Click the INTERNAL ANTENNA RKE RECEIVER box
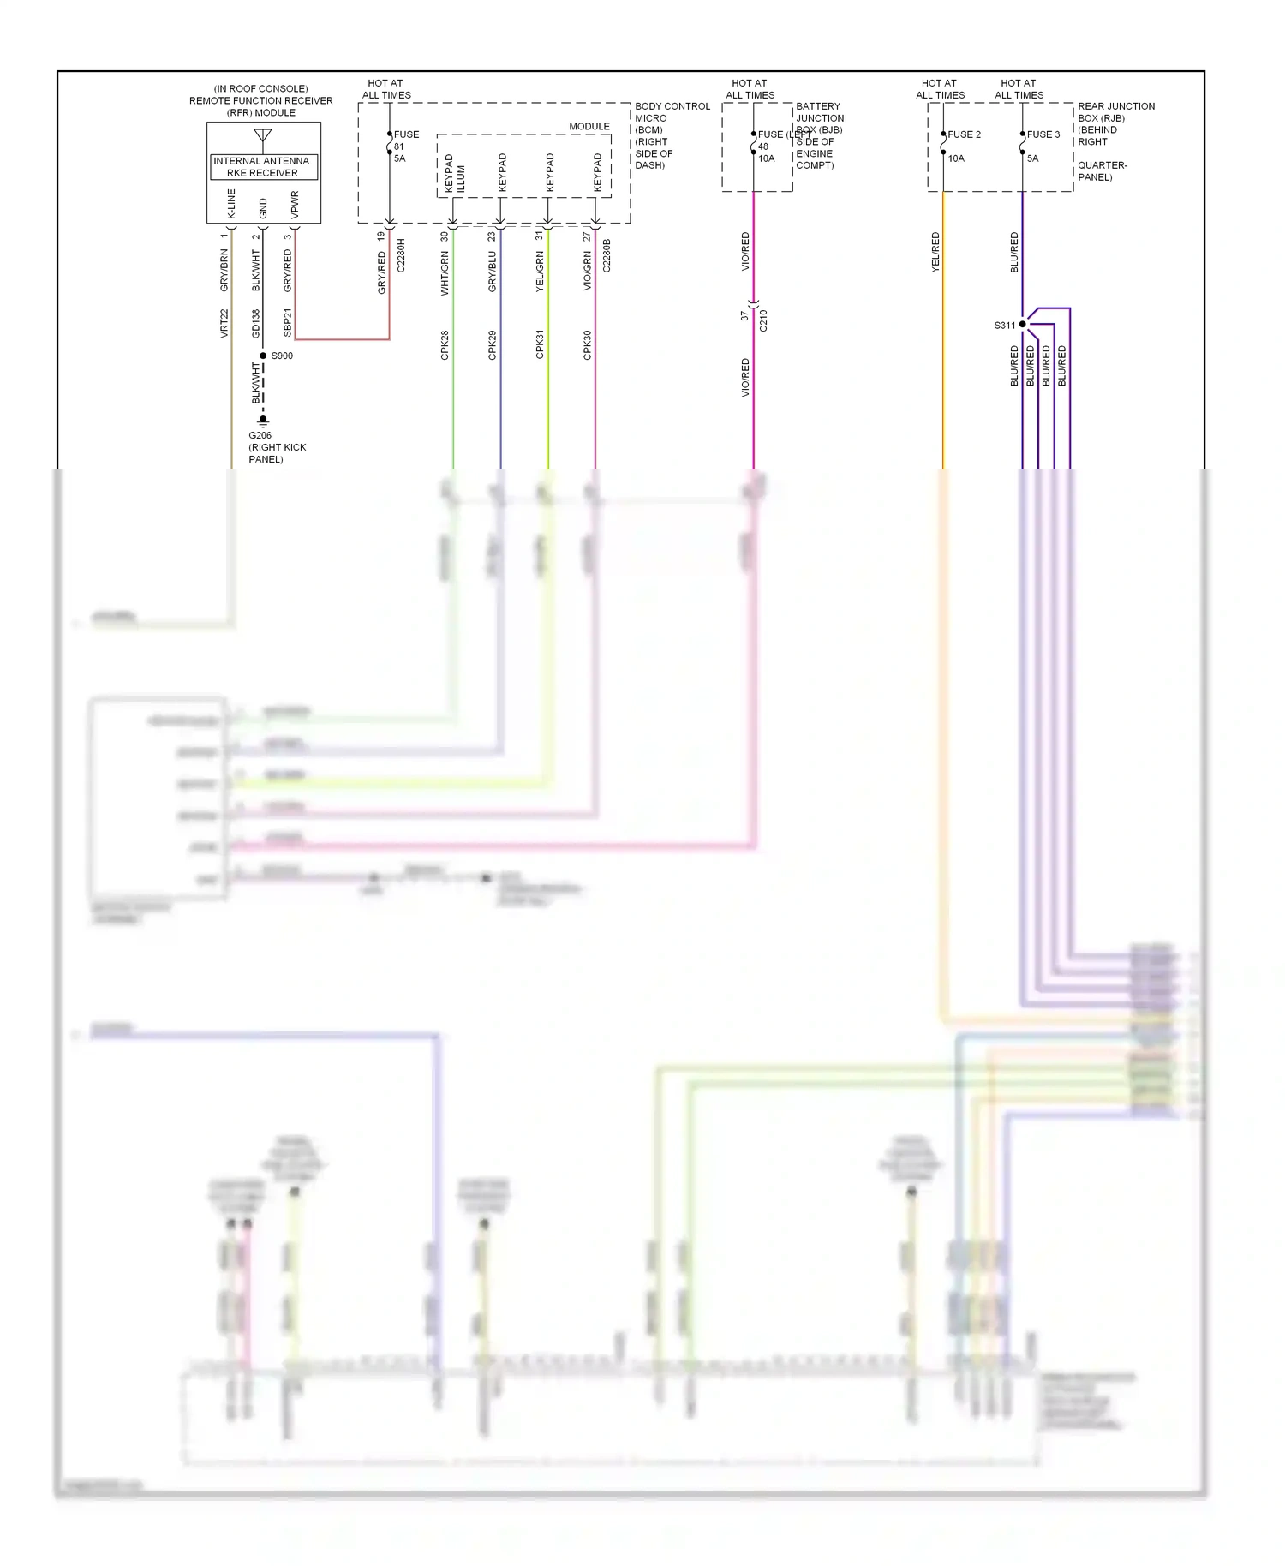tap(263, 167)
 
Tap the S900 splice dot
tap(263, 356)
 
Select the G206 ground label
tap(260, 435)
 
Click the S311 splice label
tap(1004, 326)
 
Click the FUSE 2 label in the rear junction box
tap(964, 134)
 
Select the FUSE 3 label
tap(1043, 134)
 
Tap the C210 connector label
tap(763, 320)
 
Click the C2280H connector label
tap(401, 255)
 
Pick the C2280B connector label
tap(607, 255)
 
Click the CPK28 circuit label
tap(445, 344)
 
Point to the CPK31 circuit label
tap(540, 344)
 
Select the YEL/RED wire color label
tap(935, 253)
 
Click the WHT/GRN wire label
tap(445, 273)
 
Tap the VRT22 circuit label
tap(224, 323)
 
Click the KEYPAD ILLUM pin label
tap(455, 173)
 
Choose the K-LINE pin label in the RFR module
tap(231, 204)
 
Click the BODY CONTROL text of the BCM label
tap(672, 106)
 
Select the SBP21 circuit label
tap(288, 322)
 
